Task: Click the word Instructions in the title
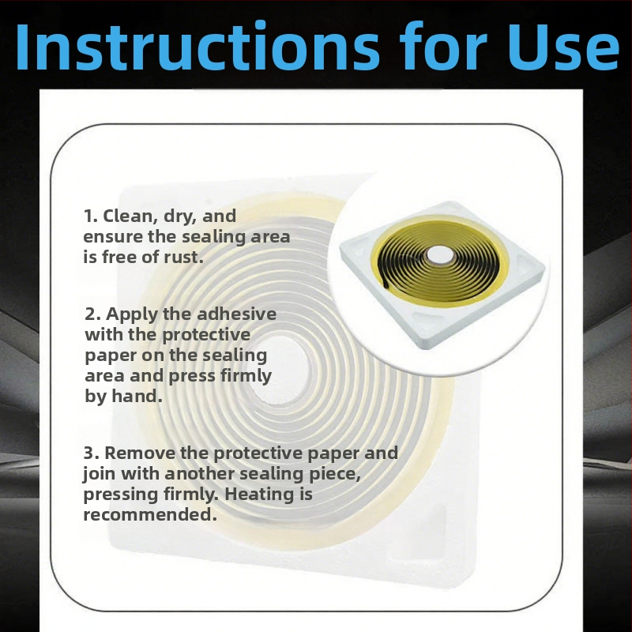coord(197,47)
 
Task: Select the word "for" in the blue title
coord(443,46)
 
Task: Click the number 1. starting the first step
coord(91,216)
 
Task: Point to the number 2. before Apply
coord(92,314)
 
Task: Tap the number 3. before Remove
coord(92,453)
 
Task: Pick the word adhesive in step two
coord(236,314)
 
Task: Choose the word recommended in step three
coord(149,515)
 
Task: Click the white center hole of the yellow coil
coord(440,255)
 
